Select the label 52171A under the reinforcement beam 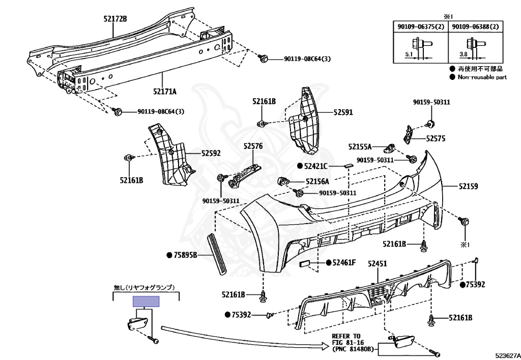tap(164, 92)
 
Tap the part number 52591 tap(343, 112)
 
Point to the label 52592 tap(211, 153)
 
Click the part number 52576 tap(253, 146)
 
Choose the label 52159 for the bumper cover tap(468, 187)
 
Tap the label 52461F tap(344, 263)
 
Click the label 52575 tap(436, 138)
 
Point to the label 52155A tap(360, 147)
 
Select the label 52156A tap(317, 181)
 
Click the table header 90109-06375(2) tap(420, 26)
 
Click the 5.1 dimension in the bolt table tap(409, 53)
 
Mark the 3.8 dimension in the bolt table tap(463, 53)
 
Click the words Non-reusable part tap(482, 77)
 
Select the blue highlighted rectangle tap(146, 301)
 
